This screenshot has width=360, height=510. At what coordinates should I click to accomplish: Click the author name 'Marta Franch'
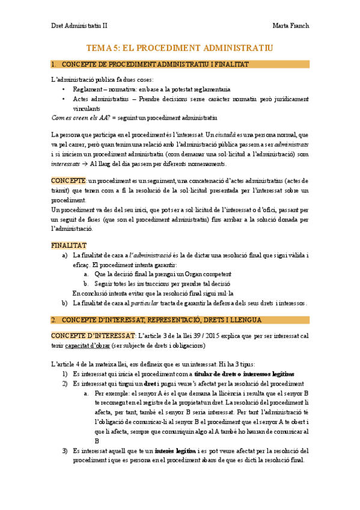point(291,25)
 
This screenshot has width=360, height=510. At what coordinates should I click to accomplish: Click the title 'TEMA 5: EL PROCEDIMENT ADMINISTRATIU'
point(180,47)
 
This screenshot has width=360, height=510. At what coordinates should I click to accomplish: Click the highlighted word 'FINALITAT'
point(69,245)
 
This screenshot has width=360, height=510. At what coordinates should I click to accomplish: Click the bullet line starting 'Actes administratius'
point(180,99)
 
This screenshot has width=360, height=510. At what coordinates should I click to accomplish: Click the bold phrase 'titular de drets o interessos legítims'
point(244,374)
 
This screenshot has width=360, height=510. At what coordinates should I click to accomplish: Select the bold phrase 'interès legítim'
point(175,450)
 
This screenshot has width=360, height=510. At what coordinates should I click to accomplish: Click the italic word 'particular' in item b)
point(147,303)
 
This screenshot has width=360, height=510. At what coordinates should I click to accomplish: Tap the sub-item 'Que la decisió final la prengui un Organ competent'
point(159,274)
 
